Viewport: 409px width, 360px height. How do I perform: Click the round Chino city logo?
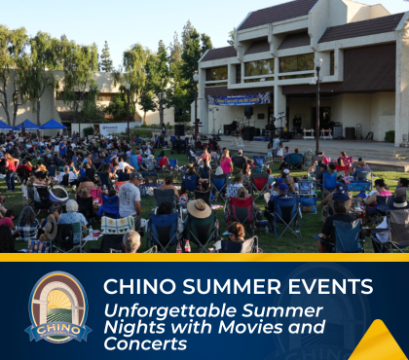click(58, 306)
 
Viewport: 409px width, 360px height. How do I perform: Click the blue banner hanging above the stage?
click(239, 98)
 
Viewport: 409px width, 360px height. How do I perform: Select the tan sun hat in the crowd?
click(200, 208)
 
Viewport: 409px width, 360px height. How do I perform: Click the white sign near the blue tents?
click(113, 128)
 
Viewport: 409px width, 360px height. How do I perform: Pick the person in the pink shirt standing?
click(227, 163)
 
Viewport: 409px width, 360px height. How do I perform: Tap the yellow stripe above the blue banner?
click(204, 257)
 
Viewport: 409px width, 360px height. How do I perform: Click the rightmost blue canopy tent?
click(53, 125)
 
